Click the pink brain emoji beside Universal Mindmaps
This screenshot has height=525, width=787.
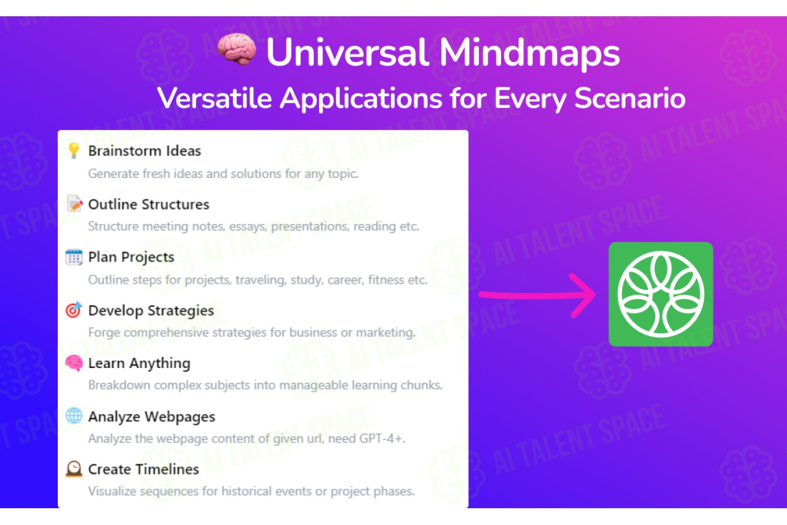point(237,49)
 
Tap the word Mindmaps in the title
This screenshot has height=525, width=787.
point(529,52)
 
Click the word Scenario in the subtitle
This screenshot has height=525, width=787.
point(630,98)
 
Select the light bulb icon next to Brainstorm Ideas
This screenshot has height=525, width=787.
point(74,151)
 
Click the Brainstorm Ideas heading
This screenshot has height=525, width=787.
point(144,151)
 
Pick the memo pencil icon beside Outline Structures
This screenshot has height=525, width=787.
point(75,204)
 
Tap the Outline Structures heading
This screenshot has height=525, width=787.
point(148,204)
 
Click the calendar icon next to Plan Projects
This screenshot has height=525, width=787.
point(74,257)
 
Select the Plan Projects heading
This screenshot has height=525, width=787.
point(131,257)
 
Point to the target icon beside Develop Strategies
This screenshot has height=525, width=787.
point(73,310)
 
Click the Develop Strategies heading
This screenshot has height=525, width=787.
point(151,311)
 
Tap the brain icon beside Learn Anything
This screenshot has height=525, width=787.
point(74,363)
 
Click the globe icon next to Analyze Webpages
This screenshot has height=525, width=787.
point(74,416)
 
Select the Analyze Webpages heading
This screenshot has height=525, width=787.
point(152,417)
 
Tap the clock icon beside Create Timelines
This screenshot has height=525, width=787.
point(74,469)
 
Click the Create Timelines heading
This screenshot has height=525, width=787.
point(143,469)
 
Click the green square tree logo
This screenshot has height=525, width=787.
point(661,294)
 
